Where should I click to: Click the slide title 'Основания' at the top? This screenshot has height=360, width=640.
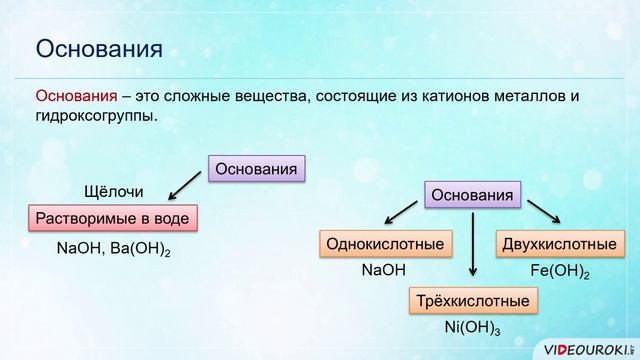pos(99,47)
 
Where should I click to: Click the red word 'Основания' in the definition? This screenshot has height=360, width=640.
pos(76,96)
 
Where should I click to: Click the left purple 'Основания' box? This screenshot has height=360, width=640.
pos(256,168)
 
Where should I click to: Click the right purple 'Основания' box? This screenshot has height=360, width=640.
pos(473,194)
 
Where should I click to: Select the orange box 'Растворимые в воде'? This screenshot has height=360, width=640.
pos(111,217)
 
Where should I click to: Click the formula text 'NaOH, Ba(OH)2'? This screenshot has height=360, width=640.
pos(113,245)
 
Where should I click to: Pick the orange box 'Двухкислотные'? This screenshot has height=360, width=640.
pos(556,243)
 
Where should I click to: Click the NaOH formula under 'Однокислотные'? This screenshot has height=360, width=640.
pos(384,270)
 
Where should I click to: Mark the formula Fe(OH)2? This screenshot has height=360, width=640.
pos(559,271)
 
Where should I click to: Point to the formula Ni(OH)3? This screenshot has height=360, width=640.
pos(472,328)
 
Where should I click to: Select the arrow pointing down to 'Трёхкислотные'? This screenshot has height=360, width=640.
pos(472,246)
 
